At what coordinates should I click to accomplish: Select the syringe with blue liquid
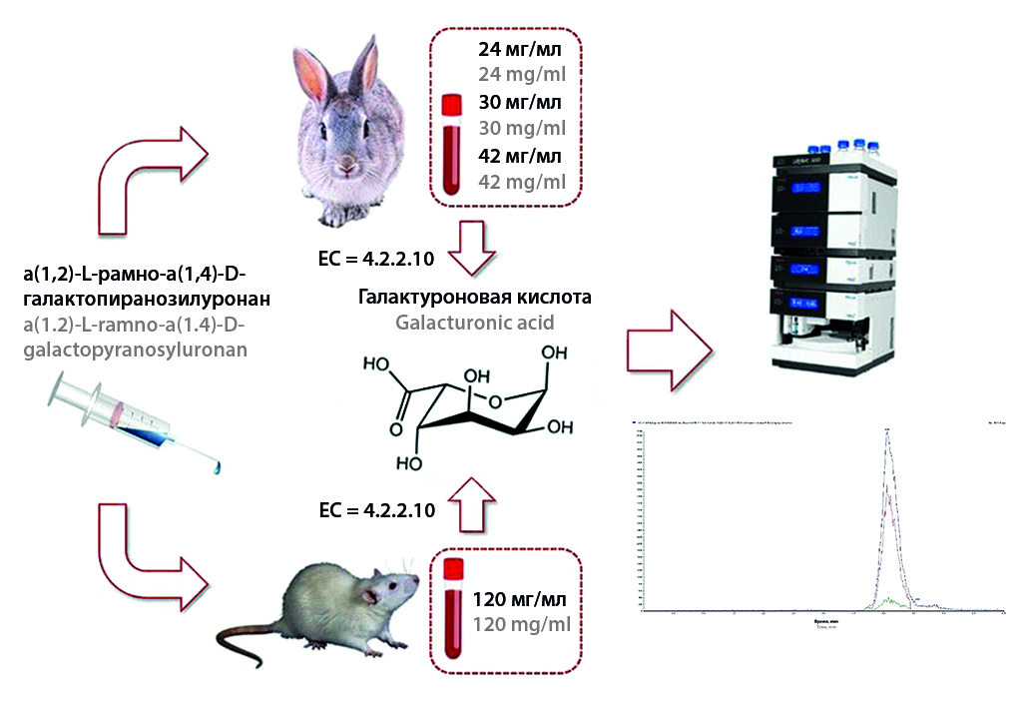(135, 424)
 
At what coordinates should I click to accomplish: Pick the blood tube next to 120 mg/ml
(452, 610)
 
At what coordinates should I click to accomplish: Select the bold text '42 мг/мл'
(520, 155)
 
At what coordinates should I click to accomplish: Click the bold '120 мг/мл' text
(519, 599)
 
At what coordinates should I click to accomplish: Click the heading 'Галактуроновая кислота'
(475, 298)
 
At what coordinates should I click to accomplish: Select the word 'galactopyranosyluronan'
(134, 350)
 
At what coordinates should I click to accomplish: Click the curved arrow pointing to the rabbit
(150, 170)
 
